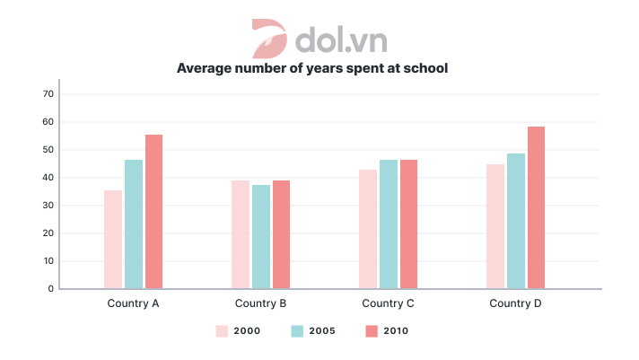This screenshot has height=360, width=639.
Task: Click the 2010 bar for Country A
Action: point(153,212)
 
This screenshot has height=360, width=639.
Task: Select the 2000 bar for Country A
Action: point(112,240)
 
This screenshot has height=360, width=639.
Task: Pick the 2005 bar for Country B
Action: point(260,237)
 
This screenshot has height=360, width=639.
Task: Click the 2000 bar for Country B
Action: point(240,235)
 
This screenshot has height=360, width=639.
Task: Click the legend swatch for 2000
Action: point(222,331)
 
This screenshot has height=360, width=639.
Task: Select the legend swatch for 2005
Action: point(297,331)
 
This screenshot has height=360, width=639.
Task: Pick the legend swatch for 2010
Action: point(372,331)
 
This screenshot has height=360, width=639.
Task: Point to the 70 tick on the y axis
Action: point(49,94)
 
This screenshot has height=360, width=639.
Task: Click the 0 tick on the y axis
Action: point(52,289)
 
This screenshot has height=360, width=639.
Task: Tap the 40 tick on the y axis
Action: point(49,178)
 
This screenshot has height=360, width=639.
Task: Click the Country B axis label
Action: point(260,303)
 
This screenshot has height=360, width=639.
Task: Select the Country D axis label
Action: point(515,303)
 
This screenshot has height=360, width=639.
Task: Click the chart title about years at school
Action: point(311,68)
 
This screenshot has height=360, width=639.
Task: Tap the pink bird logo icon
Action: point(267,38)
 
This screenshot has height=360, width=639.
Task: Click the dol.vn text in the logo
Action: point(340,40)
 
